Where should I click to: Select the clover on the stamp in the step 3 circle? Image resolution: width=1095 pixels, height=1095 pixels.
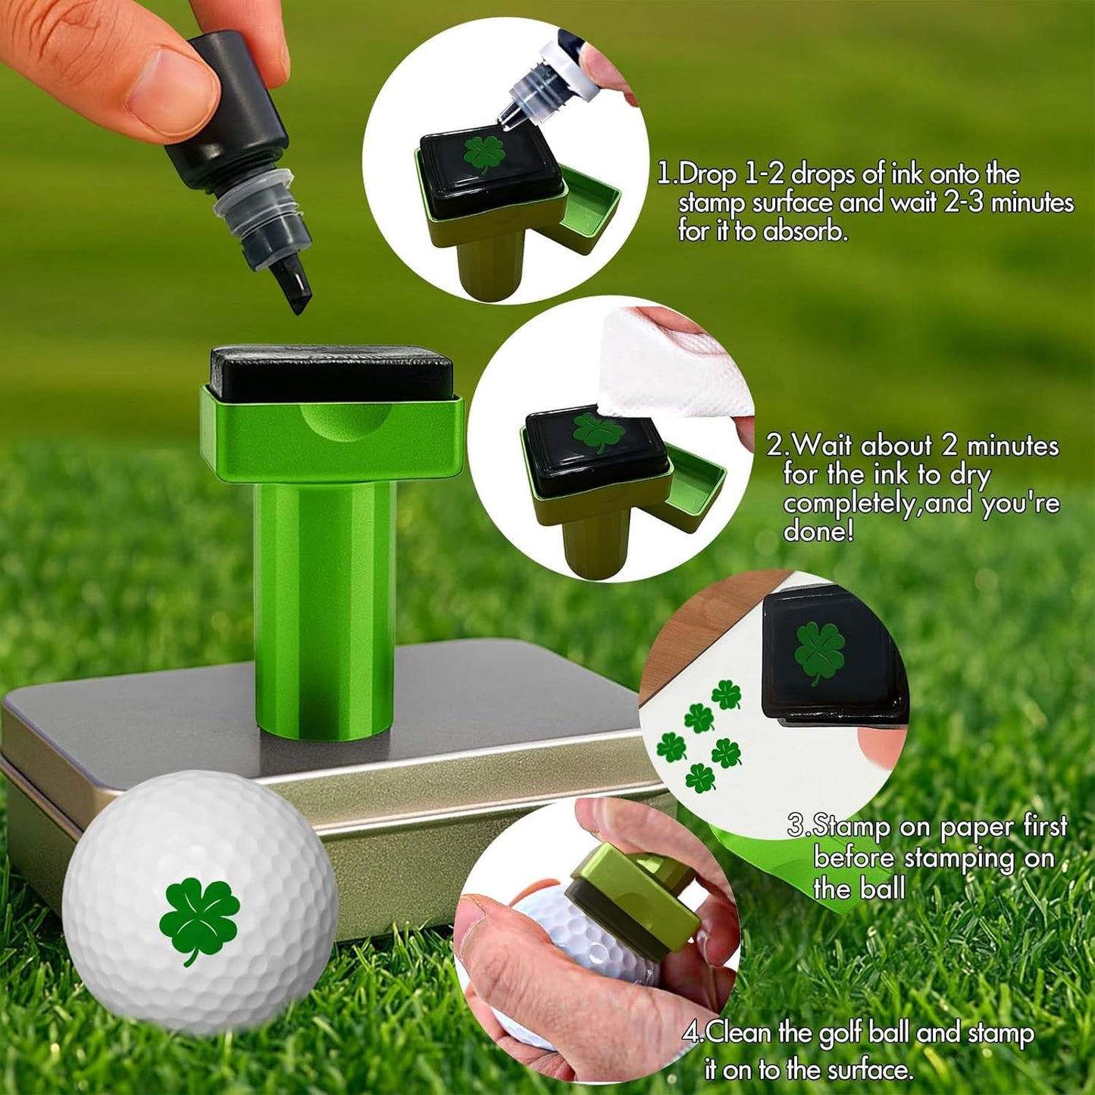pos(819,651)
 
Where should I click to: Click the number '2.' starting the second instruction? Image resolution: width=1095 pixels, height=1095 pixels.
pos(777,445)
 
